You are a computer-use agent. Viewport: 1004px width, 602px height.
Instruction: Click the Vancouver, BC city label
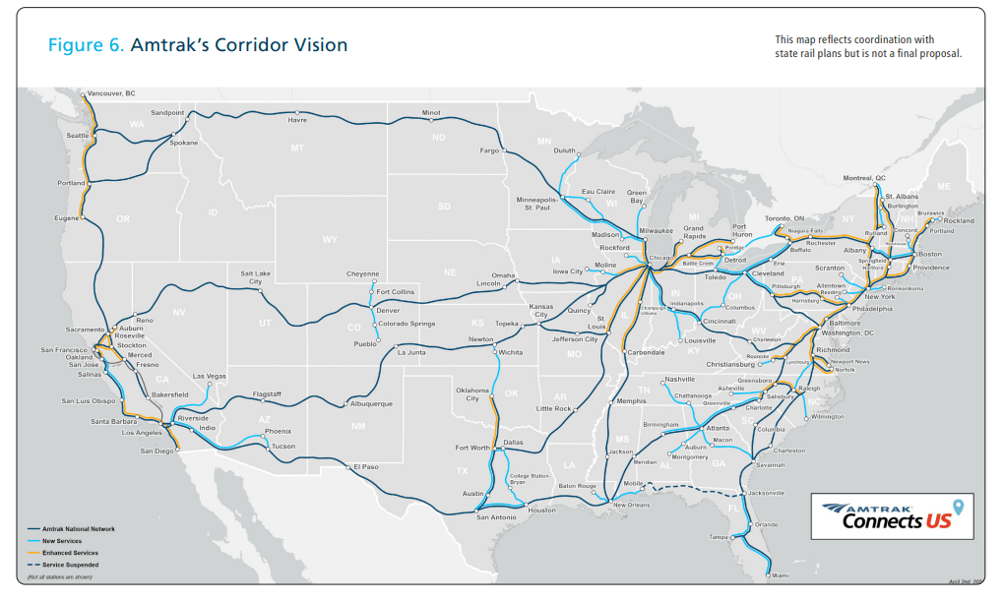tap(110, 94)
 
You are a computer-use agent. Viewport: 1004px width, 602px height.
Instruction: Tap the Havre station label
tap(297, 121)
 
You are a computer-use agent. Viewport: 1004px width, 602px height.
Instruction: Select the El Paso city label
tap(367, 467)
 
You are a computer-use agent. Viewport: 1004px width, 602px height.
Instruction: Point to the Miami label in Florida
tap(779, 575)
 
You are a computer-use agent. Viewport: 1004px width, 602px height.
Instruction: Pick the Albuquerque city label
tap(372, 403)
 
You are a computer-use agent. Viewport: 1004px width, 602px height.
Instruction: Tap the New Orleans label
tap(632, 505)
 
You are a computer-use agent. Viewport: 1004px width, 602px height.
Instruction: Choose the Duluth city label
tap(564, 150)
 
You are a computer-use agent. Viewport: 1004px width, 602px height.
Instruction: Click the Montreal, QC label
tap(865, 178)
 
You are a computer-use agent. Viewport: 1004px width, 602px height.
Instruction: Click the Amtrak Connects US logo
tap(892, 516)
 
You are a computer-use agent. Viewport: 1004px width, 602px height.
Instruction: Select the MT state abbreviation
tap(296, 148)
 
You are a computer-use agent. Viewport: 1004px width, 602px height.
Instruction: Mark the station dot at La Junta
tap(396, 346)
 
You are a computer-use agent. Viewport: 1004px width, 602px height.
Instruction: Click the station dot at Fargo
tap(503, 151)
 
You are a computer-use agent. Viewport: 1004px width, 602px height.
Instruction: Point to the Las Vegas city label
tap(209, 377)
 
